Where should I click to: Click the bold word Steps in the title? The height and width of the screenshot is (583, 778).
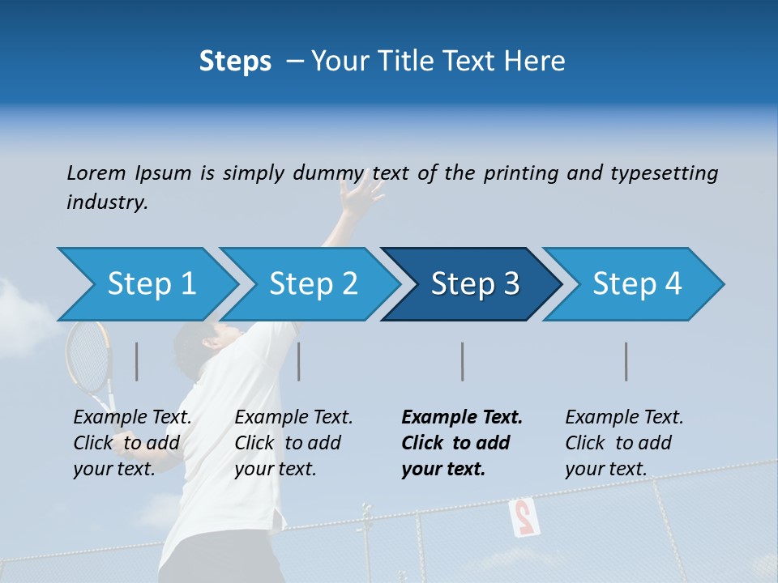coord(235,61)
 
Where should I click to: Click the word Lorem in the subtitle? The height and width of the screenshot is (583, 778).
coord(96,172)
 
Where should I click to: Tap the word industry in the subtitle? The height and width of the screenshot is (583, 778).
coord(106,202)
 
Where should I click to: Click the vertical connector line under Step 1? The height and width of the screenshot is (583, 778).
coord(137,361)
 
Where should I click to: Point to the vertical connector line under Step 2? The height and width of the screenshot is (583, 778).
coord(299,361)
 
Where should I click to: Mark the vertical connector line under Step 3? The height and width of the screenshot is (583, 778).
coord(463,361)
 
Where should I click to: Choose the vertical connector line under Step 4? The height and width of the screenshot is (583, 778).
coord(626,361)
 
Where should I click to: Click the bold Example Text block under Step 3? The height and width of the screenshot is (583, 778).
coord(461,443)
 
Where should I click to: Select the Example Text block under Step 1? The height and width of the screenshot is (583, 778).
coord(132,443)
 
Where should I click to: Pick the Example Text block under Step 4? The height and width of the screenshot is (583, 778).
coord(624,443)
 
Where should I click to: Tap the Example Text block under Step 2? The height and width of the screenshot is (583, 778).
coord(293,443)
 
